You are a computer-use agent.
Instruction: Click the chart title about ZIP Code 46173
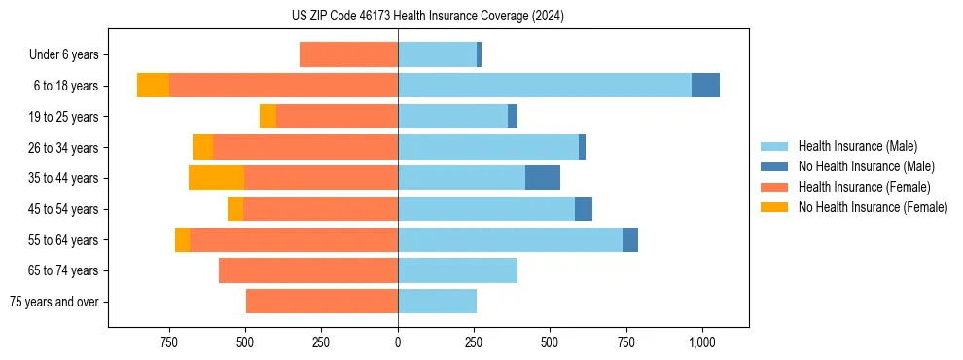[x=427, y=16]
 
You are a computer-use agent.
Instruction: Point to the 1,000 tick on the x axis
[x=702, y=342]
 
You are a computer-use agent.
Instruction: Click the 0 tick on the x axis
[x=398, y=342]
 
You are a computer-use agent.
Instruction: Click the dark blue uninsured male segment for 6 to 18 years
[x=705, y=86]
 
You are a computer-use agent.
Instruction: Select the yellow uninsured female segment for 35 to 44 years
[x=216, y=178]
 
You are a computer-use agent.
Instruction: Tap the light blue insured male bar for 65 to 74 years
[x=457, y=270]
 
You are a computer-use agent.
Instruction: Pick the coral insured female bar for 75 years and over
[x=322, y=302]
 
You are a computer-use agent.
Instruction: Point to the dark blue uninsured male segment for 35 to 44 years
[x=543, y=178]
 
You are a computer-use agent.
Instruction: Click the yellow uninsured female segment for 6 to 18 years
[x=153, y=86]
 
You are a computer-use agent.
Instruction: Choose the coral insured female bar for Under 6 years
[x=348, y=54]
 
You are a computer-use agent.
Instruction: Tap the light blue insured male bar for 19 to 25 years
[x=452, y=117]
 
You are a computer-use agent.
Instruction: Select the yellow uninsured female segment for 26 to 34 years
[x=202, y=147]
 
